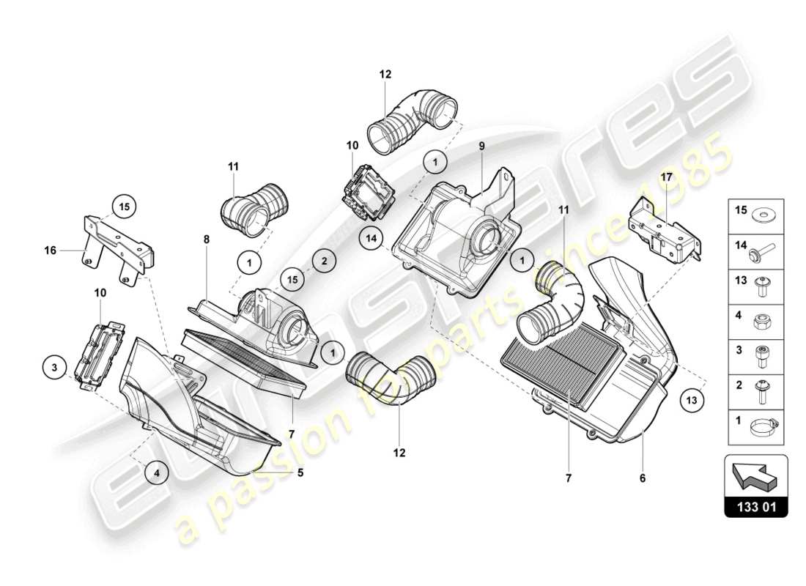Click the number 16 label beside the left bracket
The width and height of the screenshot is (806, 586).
(x=51, y=250)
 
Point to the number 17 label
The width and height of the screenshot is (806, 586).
(x=665, y=177)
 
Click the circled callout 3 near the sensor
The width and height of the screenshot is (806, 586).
(x=55, y=366)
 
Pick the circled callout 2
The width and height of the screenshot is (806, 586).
(x=323, y=259)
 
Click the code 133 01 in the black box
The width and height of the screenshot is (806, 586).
(x=755, y=506)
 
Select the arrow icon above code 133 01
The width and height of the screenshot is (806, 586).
(x=755, y=474)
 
